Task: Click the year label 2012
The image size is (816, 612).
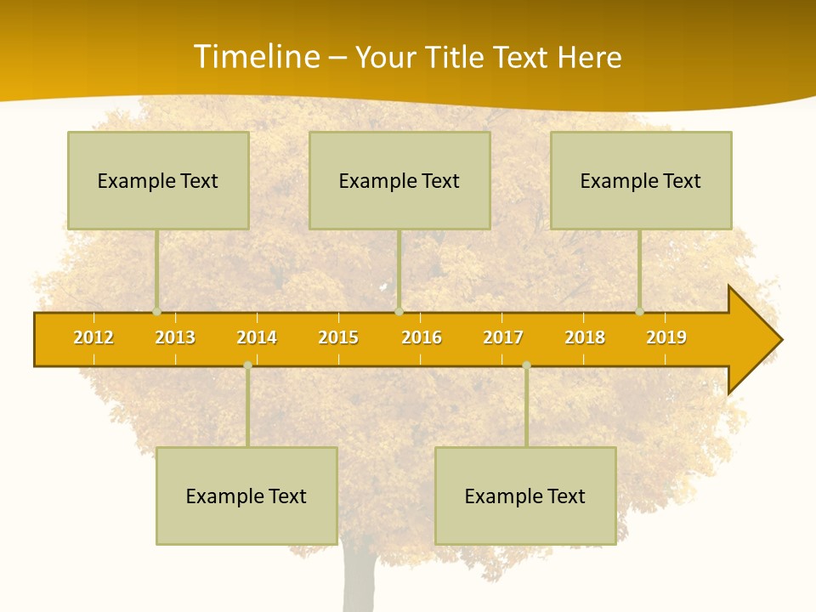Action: (x=93, y=337)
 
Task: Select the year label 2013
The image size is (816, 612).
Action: (x=175, y=337)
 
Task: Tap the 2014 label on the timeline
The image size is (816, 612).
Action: (x=257, y=337)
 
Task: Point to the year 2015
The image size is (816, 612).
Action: (x=338, y=337)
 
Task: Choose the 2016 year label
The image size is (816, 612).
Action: (x=422, y=337)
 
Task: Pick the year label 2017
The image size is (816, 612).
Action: (x=503, y=337)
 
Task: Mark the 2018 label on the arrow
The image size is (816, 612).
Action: (x=585, y=337)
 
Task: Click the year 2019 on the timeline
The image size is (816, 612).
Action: (x=666, y=337)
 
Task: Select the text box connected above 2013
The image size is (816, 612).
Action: (x=158, y=180)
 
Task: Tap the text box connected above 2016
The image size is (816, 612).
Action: (x=399, y=180)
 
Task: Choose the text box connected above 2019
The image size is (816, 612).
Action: (x=641, y=180)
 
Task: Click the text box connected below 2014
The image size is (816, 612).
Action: (x=246, y=496)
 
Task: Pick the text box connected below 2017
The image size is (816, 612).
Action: (x=525, y=496)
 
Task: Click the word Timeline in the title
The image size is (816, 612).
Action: (x=255, y=57)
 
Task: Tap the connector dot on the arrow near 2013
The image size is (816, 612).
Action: (x=156, y=312)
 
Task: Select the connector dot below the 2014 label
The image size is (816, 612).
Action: (x=247, y=365)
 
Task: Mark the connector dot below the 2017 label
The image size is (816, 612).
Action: (x=526, y=365)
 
